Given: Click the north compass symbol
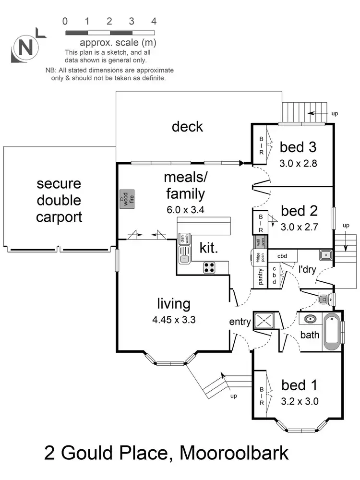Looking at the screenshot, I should (x=26, y=48).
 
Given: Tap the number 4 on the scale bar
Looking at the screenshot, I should (x=154, y=21).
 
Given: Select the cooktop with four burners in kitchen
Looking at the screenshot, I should (x=209, y=267).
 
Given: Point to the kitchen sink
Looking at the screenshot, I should (x=184, y=254).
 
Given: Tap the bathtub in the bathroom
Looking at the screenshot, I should (x=332, y=332).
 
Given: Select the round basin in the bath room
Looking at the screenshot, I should (x=310, y=319).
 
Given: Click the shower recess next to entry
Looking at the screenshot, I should (x=264, y=320).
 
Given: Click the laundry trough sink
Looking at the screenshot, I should (x=324, y=254).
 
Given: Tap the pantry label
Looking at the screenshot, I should (x=261, y=277).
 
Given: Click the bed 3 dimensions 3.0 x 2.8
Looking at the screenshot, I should (x=298, y=162).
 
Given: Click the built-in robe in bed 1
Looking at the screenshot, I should (x=262, y=396).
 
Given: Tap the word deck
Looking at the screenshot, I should (x=187, y=126).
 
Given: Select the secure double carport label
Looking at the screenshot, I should (x=60, y=200).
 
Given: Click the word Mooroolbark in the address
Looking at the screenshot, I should (x=233, y=453).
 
